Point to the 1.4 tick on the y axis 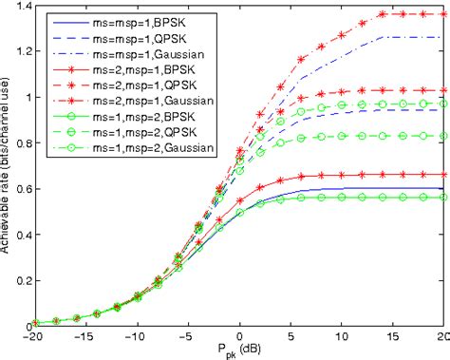pyautogui.click(x=24, y=7)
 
